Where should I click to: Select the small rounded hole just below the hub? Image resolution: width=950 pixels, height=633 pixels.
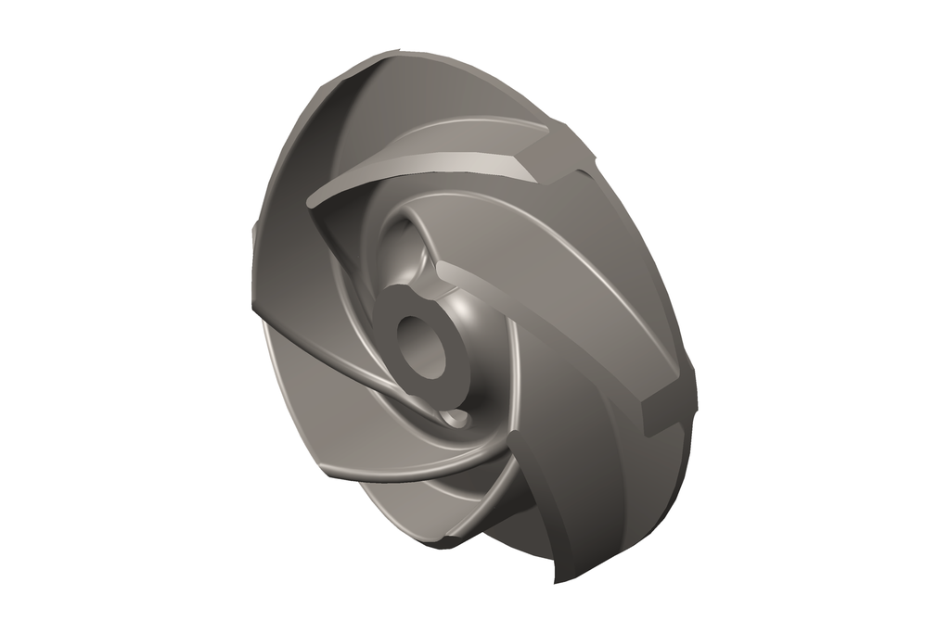pyautogui.click(x=456, y=418)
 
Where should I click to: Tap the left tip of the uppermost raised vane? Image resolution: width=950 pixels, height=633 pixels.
pyautogui.click(x=312, y=199)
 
